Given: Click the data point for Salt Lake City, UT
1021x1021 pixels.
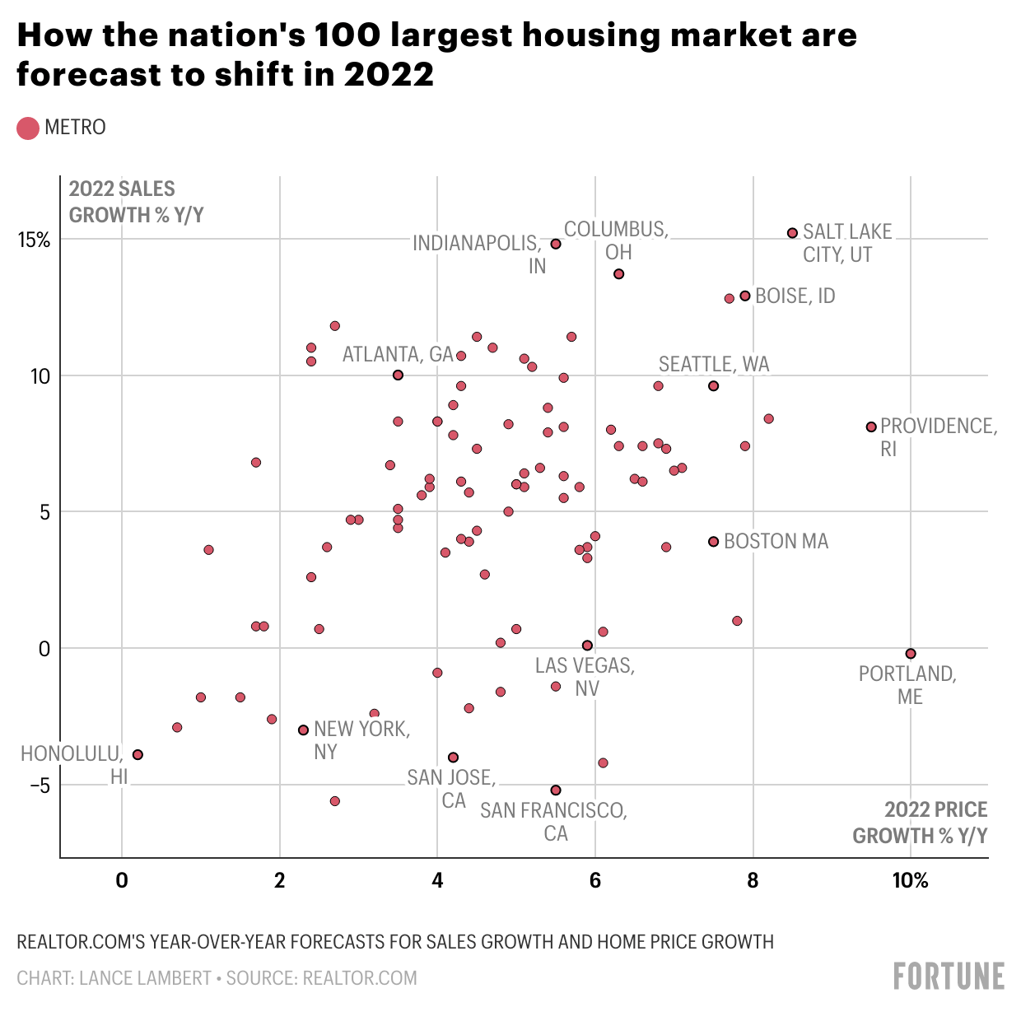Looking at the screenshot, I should pyautogui.click(x=792, y=233).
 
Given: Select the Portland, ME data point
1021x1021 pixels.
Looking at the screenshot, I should pyautogui.click(x=911, y=653).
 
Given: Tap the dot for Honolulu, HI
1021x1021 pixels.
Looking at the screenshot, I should pyautogui.click(x=138, y=754).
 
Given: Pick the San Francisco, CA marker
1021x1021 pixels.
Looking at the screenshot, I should pyautogui.click(x=556, y=790).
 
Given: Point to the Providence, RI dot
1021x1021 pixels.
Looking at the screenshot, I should pyautogui.click(x=871, y=427).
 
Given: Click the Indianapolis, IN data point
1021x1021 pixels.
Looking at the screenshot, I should pyautogui.click(x=556, y=244).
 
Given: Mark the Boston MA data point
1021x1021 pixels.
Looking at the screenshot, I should pyautogui.click(x=713, y=541).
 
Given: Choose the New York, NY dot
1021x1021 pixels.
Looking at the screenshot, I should pyautogui.click(x=303, y=730).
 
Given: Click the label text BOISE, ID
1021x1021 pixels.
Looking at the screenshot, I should pyautogui.click(x=795, y=296).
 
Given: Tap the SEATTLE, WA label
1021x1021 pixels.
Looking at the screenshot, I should pyautogui.click(x=713, y=364).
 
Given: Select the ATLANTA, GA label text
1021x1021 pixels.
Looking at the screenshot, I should pyautogui.click(x=398, y=354).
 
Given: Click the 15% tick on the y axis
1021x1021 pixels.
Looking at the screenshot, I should pyautogui.click(x=35, y=240).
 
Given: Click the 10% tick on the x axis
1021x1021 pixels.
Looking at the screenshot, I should pyautogui.click(x=910, y=881).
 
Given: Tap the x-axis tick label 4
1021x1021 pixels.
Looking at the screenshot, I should pyautogui.click(x=437, y=881).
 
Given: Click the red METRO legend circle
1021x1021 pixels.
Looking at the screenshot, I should pyautogui.click(x=28, y=128).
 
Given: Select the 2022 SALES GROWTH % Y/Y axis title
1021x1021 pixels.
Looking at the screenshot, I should pyautogui.click(x=136, y=202).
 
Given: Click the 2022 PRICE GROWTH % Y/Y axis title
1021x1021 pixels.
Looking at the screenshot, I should pyautogui.click(x=920, y=822).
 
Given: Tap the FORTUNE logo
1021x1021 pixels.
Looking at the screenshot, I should pyautogui.click(x=949, y=977).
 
